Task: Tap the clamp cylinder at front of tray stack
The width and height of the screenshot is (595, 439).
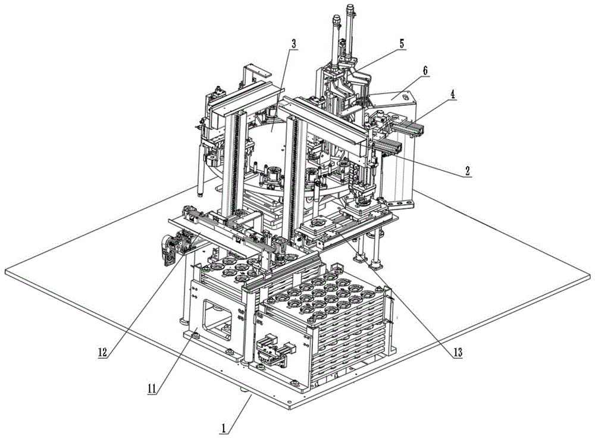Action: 274,350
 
